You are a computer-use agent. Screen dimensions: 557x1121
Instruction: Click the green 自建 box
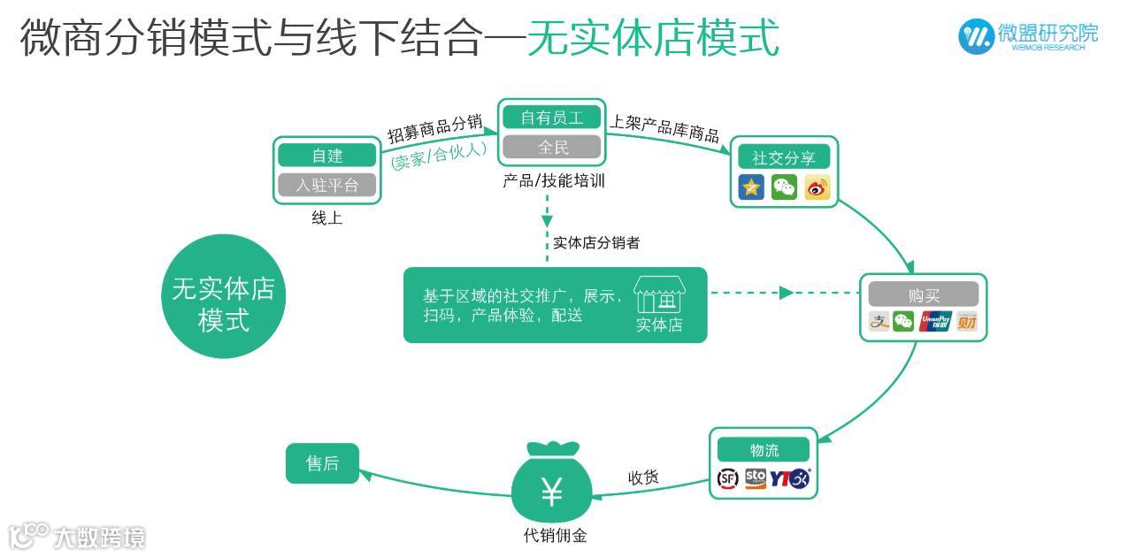tap(326, 156)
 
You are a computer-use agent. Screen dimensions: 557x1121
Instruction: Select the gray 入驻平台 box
tap(326, 185)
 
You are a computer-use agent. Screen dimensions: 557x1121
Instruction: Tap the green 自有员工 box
tap(551, 117)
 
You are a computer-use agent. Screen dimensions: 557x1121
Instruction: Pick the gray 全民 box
tap(551, 146)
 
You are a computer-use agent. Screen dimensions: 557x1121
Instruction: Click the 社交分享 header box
tap(784, 158)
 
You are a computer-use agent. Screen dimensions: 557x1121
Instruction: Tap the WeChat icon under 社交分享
tap(784, 187)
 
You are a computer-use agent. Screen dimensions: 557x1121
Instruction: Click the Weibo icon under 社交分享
tap(817, 187)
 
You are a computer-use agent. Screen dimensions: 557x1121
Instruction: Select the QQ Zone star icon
tap(752, 187)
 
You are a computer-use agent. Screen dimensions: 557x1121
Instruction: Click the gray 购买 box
tap(923, 294)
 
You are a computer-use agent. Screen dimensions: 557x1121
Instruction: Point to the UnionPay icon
tap(934, 322)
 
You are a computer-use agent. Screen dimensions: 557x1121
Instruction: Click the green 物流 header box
tap(763, 449)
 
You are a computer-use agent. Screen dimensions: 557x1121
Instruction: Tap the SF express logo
tap(727, 479)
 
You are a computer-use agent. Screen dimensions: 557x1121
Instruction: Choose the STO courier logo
tap(755, 478)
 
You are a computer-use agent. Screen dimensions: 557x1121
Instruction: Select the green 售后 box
tap(322, 463)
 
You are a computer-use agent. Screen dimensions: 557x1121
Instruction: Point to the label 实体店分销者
tap(595, 242)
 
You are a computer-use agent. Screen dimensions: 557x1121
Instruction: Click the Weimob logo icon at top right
tap(976, 35)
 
